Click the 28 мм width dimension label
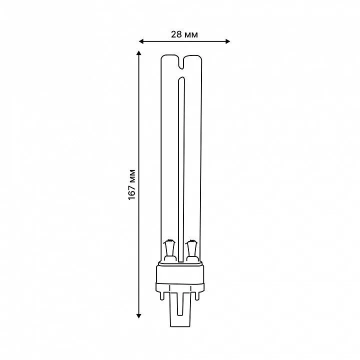point(184,34)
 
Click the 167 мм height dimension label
point(132,184)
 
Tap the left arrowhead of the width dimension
point(141,41)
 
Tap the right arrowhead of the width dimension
point(227,41)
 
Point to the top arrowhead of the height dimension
point(138,53)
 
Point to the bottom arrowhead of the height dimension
point(138,316)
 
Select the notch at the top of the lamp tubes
point(181,62)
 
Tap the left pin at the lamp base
point(162,295)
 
